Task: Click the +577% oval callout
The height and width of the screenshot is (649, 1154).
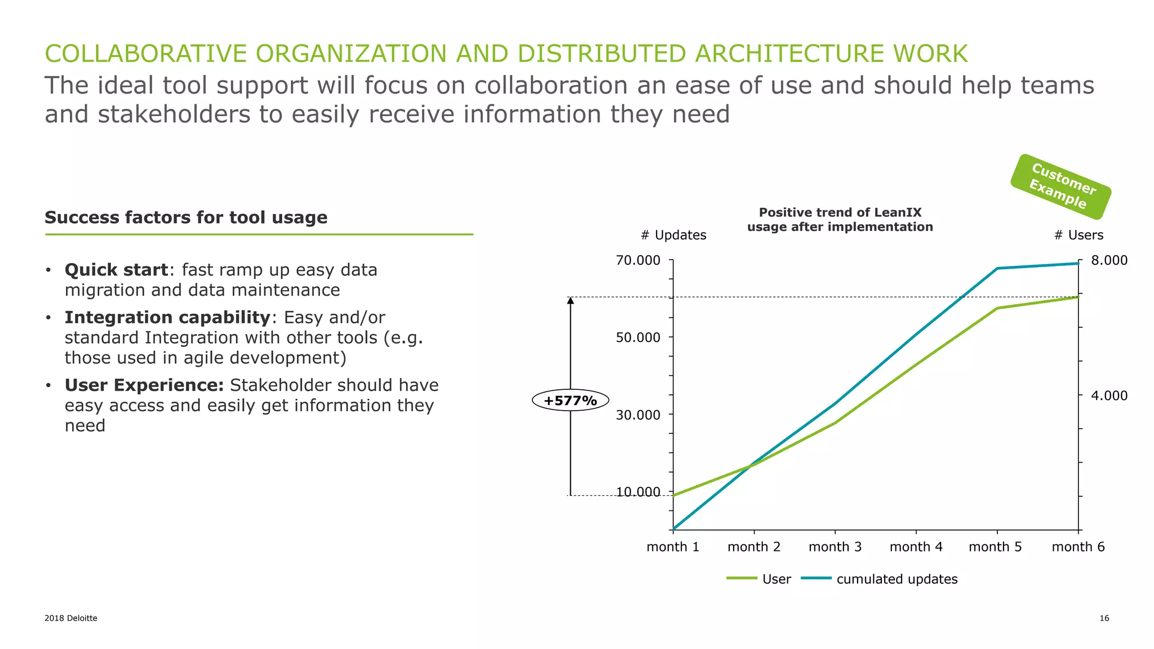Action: click(x=570, y=401)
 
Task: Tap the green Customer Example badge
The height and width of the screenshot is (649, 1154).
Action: click(x=1060, y=186)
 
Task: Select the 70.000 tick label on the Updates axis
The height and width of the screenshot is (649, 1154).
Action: click(x=638, y=260)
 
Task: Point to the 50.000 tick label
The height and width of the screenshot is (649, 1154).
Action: click(x=638, y=337)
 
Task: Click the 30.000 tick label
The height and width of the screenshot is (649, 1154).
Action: click(x=638, y=415)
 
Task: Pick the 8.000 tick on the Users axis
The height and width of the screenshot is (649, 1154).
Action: click(x=1109, y=260)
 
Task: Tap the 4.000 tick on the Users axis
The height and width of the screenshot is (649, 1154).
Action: click(x=1109, y=395)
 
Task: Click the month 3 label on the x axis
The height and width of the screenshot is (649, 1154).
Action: click(x=835, y=546)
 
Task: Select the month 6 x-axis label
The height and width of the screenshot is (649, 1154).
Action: click(x=1078, y=546)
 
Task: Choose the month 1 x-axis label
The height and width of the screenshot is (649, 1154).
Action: click(x=673, y=546)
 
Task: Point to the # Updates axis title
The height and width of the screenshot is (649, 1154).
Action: click(x=673, y=235)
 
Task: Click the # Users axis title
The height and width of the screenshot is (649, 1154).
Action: click(x=1078, y=235)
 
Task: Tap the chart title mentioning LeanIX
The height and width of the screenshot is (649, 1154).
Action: click(x=840, y=220)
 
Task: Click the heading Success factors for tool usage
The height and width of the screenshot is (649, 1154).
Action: click(x=186, y=217)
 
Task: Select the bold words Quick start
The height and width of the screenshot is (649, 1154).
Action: click(x=116, y=270)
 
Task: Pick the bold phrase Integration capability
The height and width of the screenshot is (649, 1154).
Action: click(x=167, y=317)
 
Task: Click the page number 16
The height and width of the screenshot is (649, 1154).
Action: click(x=1104, y=618)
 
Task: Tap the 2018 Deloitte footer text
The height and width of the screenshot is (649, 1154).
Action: click(x=71, y=618)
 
